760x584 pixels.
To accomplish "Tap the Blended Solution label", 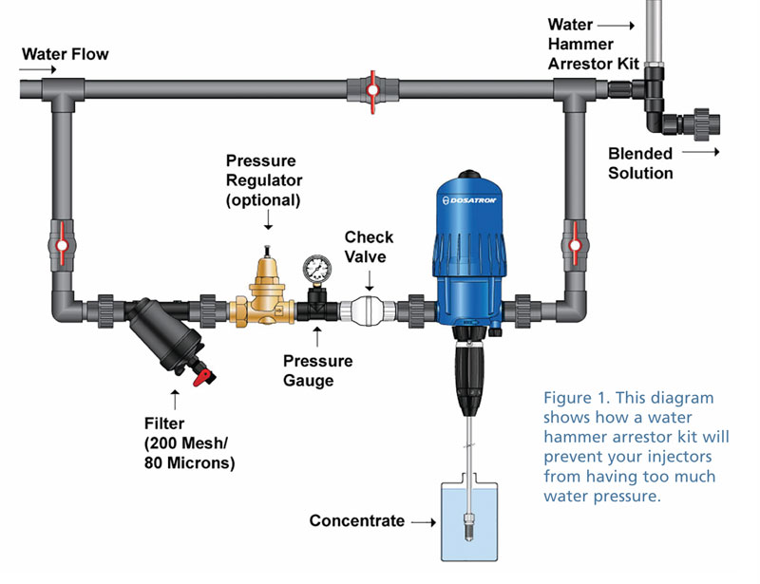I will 640,163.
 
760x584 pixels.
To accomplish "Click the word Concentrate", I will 356,520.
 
